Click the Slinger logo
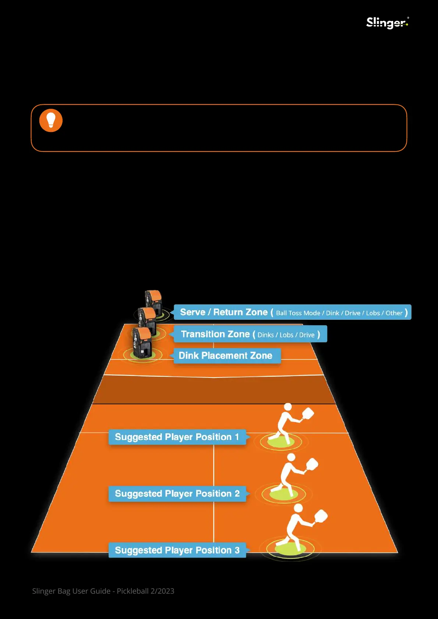387,23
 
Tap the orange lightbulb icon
51,120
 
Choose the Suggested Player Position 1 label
177,437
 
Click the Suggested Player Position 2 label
177,494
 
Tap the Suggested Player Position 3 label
177,550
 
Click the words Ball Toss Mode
298,313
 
